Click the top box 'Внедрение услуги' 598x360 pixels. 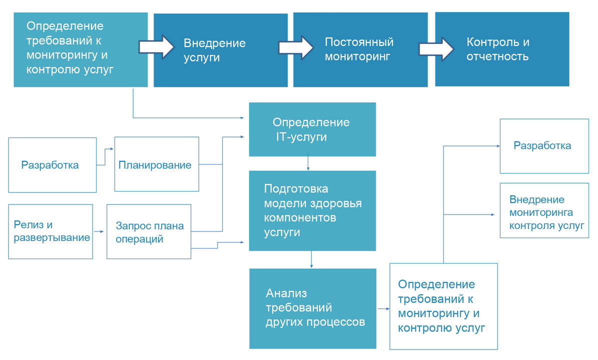220,50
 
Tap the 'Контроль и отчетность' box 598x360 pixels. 502,49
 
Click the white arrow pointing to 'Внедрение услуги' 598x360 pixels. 156,47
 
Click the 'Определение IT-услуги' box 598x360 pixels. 312,129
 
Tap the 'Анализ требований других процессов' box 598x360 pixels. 313,308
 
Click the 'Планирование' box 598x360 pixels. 157,164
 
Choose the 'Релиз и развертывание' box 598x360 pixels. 51,231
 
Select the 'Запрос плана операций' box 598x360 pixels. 149,231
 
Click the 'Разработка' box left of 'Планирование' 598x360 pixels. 52,164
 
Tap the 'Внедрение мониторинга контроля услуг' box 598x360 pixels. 544,210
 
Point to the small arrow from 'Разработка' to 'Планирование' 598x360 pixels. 105,156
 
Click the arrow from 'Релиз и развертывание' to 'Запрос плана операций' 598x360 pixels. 99,231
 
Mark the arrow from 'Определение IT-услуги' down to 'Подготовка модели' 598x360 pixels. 308,163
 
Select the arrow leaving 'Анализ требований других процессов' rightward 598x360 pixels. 383,309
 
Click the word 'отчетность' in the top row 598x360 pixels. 497,56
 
